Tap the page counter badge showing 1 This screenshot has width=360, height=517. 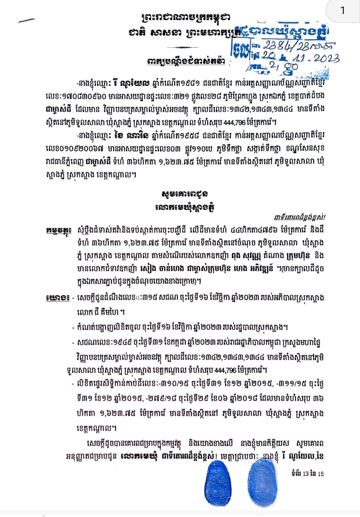(342, 11)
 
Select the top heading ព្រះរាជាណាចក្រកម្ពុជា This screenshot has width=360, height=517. (186, 17)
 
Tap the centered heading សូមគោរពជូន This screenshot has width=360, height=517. (185, 194)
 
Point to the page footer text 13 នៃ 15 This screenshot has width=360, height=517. (307, 473)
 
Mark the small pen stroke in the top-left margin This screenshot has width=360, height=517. (26, 20)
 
